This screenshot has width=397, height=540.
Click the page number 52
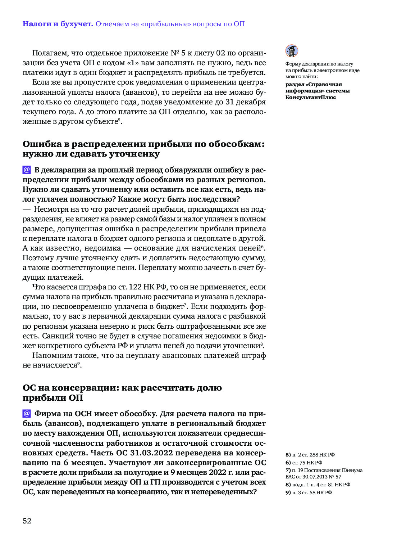pyautogui.click(x=27, y=521)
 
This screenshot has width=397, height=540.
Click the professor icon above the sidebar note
pyautogui.click(x=292, y=51)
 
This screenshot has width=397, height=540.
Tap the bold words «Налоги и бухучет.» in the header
pyautogui.click(x=58, y=24)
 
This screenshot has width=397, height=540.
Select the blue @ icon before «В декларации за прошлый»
pyautogui.click(x=27, y=170)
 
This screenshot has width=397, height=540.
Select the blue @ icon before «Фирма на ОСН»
pyautogui.click(x=27, y=414)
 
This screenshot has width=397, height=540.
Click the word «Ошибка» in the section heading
pyautogui.click(x=42, y=144)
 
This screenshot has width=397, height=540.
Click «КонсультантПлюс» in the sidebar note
pyautogui.click(x=311, y=97)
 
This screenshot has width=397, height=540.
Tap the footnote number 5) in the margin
pyautogui.click(x=288, y=455)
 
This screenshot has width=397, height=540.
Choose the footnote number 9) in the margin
pyautogui.click(x=288, y=492)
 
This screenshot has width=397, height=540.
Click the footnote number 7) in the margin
pyautogui.click(x=288, y=470)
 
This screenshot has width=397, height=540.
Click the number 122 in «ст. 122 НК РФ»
pyautogui.click(x=135, y=287)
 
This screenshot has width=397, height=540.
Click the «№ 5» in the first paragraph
pyautogui.click(x=178, y=53)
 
